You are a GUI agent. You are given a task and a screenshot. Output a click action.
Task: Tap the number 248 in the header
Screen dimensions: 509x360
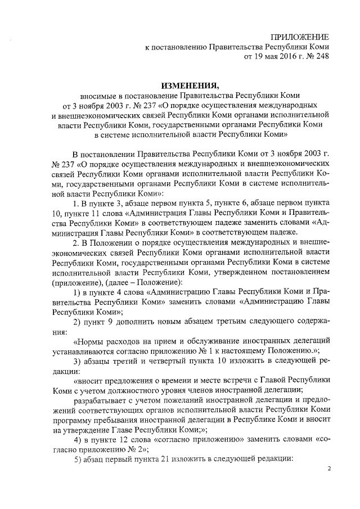(x=319, y=56)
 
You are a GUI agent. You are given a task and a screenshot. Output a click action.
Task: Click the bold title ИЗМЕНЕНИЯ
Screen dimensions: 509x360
(x=190, y=85)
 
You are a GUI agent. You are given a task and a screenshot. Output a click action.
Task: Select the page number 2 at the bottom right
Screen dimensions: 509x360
(x=330, y=468)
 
